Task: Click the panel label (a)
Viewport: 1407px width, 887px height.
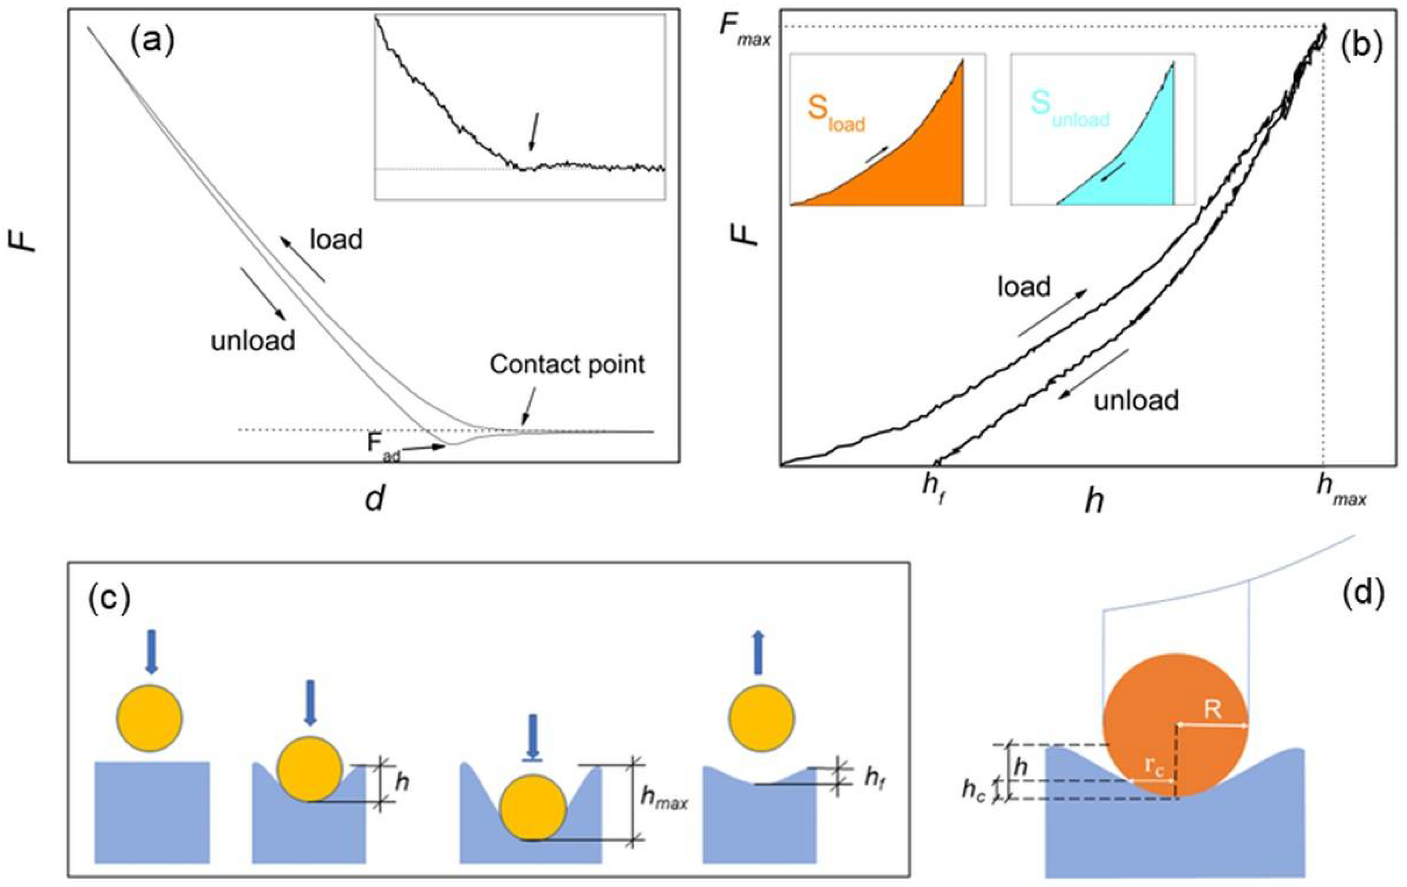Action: (152, 42)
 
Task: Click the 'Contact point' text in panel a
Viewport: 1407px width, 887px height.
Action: (567, 365)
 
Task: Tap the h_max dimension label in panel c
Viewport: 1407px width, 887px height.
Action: (664, 797)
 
